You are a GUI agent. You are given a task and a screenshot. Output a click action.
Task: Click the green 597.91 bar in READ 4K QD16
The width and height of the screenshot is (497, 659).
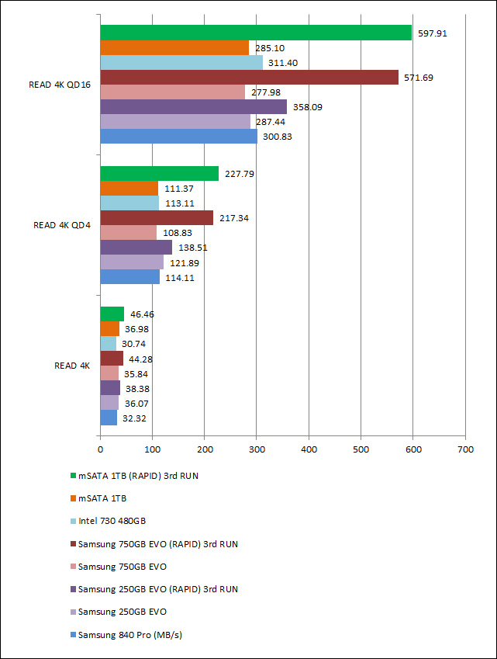click(256, 33)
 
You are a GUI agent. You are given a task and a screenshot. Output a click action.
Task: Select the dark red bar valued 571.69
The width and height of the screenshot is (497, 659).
click(249, 78)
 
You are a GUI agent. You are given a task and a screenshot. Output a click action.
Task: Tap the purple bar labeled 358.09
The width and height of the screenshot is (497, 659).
click(193, 107)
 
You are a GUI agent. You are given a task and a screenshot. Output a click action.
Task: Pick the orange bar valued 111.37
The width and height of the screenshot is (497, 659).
click(129, 189)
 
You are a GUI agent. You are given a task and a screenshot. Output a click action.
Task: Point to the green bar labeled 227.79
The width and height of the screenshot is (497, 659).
click(159, 174)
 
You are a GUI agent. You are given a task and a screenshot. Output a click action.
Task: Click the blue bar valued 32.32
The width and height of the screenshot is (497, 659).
click(109, 418)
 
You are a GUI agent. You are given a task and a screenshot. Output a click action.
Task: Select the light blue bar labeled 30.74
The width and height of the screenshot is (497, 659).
click(108, 343)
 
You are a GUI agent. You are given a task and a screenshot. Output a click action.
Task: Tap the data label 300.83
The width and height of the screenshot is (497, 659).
click(278, 137)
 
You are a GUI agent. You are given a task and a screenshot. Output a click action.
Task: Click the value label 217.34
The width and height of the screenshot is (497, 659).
click(234, 218)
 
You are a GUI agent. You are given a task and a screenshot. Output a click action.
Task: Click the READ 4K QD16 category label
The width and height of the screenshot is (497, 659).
click(59, 85)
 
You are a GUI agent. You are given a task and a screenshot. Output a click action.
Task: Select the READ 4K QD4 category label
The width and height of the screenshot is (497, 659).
click(62, 225)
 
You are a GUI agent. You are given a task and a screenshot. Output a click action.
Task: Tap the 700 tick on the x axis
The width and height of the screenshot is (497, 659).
click(465, 448)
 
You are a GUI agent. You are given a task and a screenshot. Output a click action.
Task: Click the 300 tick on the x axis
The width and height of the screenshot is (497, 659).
click(257, 448)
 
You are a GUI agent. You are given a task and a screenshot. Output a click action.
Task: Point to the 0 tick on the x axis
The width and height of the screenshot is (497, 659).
click(100, 448)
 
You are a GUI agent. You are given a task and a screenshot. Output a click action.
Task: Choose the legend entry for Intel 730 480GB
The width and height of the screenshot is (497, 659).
click(112, 521)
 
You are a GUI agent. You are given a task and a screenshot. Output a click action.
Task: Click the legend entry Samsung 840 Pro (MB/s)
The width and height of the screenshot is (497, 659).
click(124, 634)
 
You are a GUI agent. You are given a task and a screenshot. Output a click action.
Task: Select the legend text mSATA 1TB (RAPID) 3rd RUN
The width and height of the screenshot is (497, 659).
click(137, 476)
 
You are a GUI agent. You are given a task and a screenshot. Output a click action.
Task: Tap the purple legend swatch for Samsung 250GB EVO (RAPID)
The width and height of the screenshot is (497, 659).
click(72, 589)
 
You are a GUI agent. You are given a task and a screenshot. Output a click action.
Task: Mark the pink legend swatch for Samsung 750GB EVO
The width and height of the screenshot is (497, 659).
click(72, 567)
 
